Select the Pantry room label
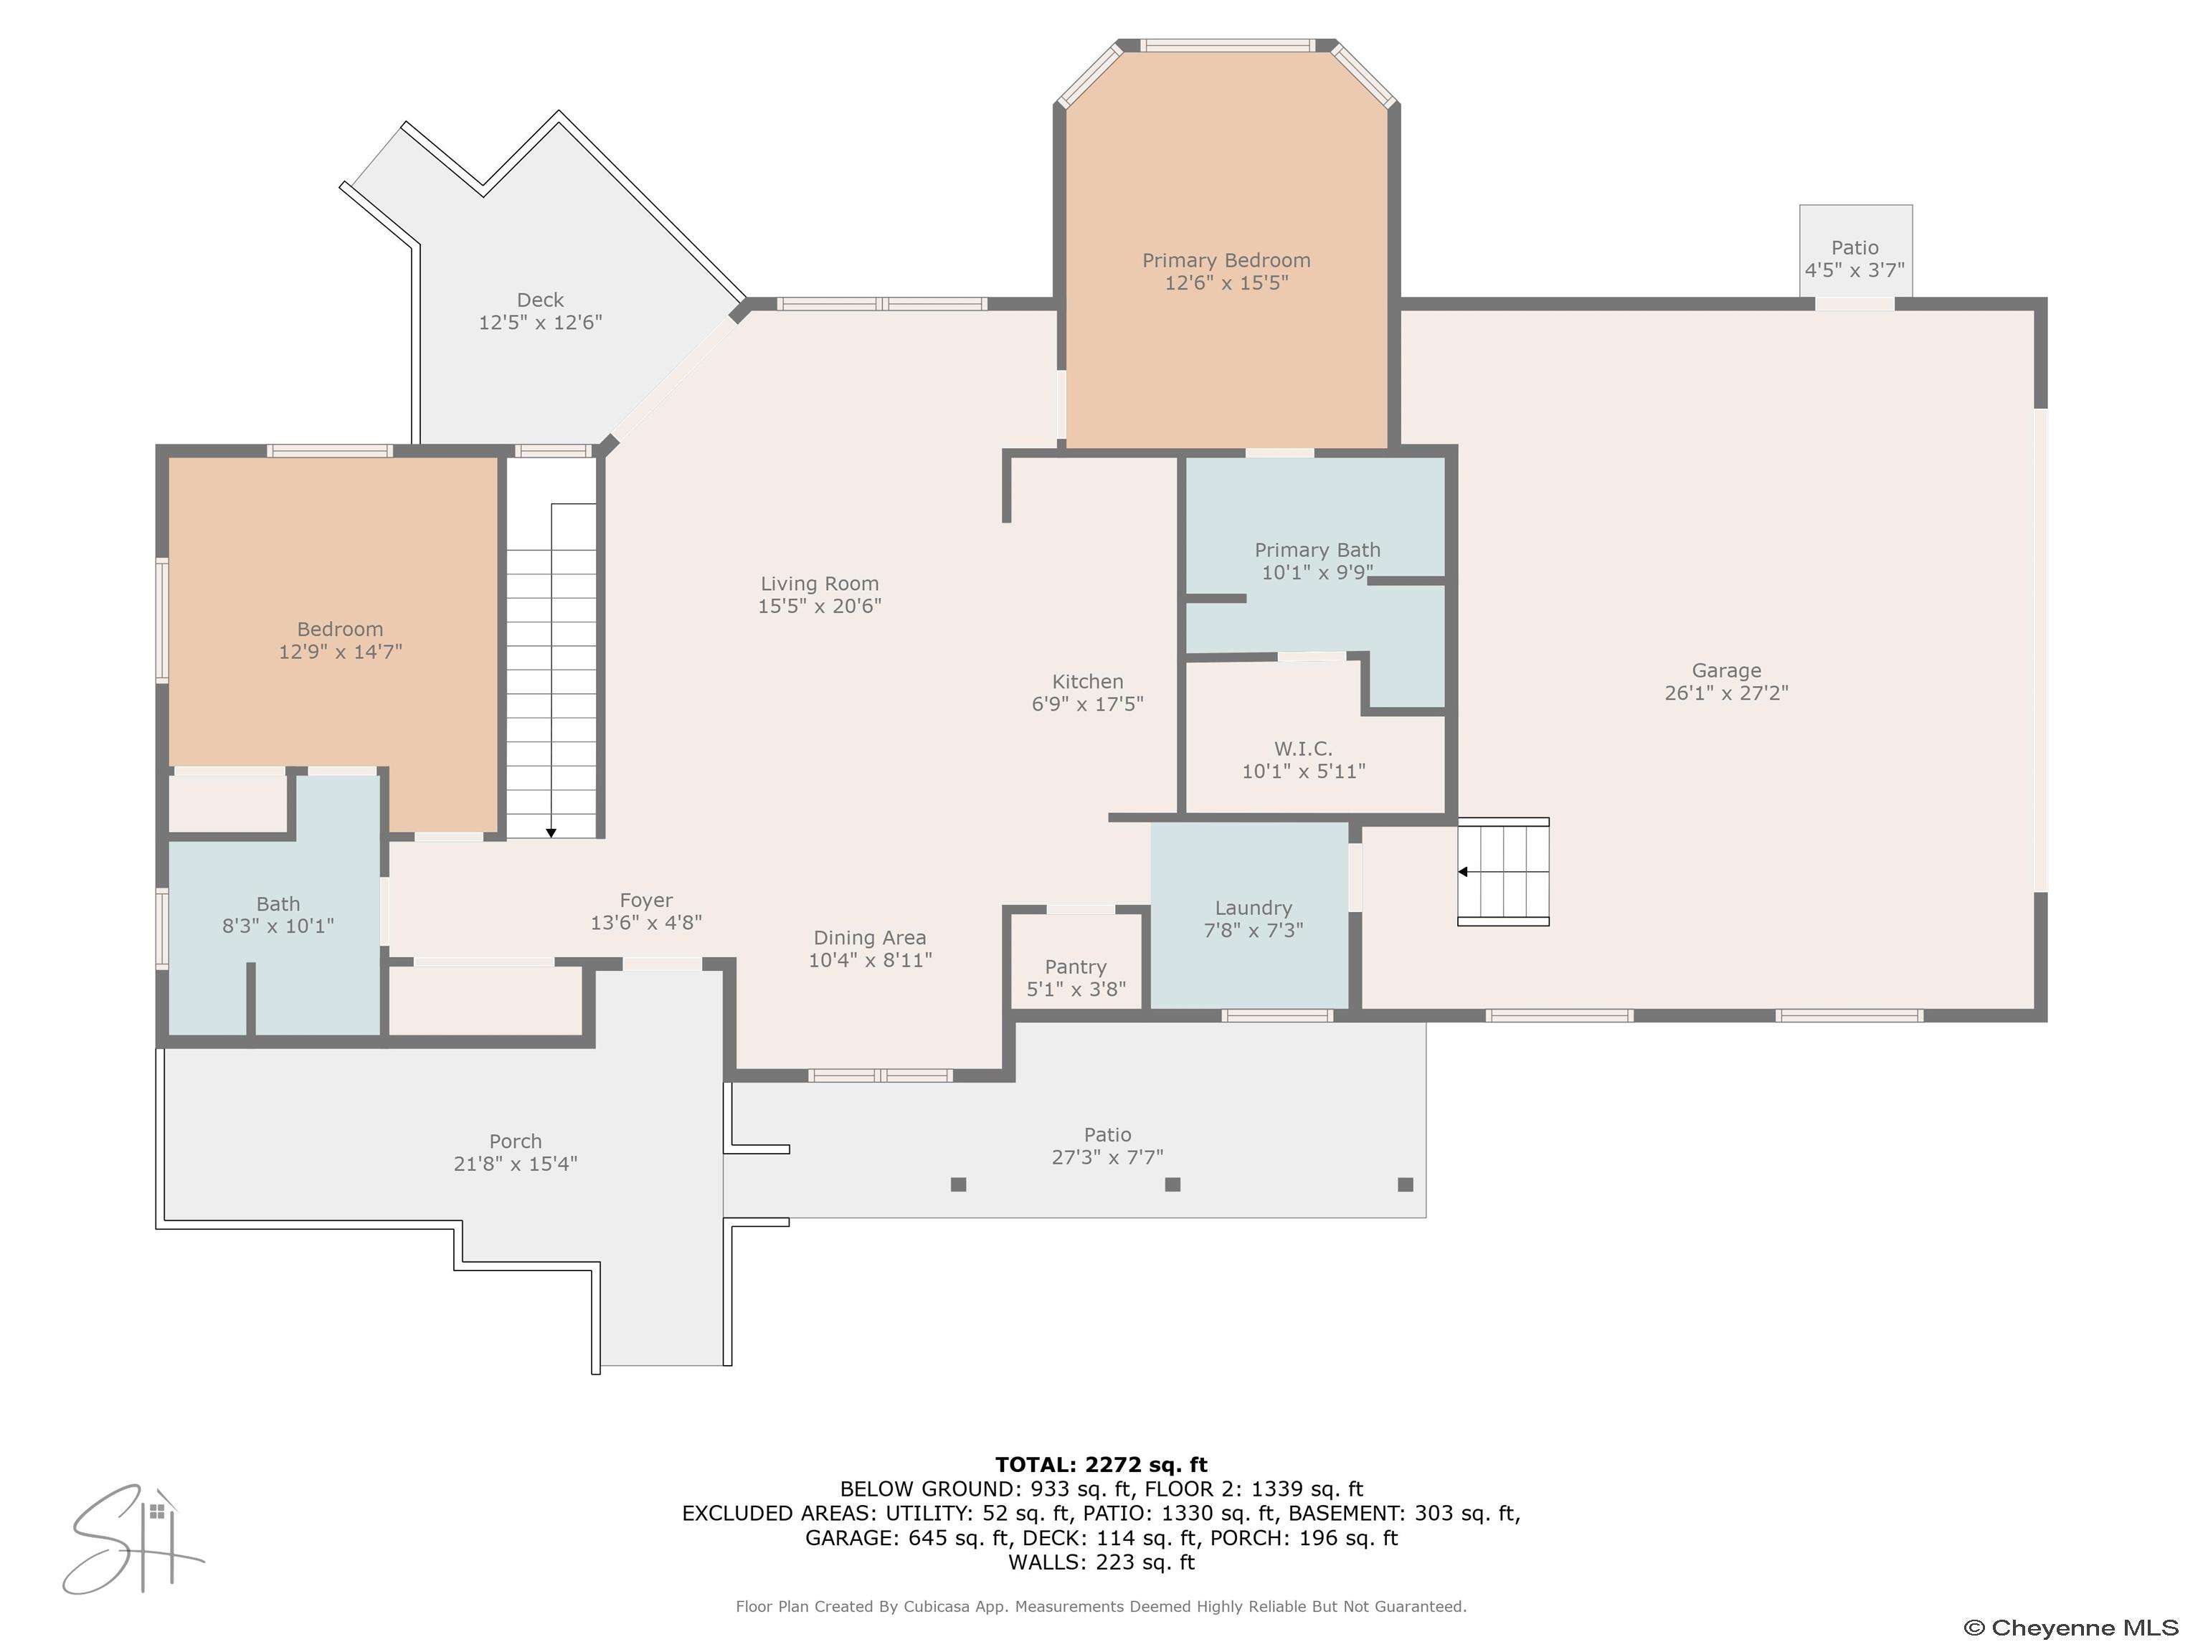[1076, 967]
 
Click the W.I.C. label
[1303, 749]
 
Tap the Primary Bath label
[1317, 550]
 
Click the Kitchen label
[1088, 681]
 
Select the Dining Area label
[869, 938]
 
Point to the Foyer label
[646, 900]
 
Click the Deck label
[541, 300]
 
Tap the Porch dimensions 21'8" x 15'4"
[515, 1164]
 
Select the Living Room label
[820, 584]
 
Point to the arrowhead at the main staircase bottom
[551, 832]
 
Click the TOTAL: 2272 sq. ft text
[1101, 1465]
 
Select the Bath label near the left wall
[278, 904]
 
